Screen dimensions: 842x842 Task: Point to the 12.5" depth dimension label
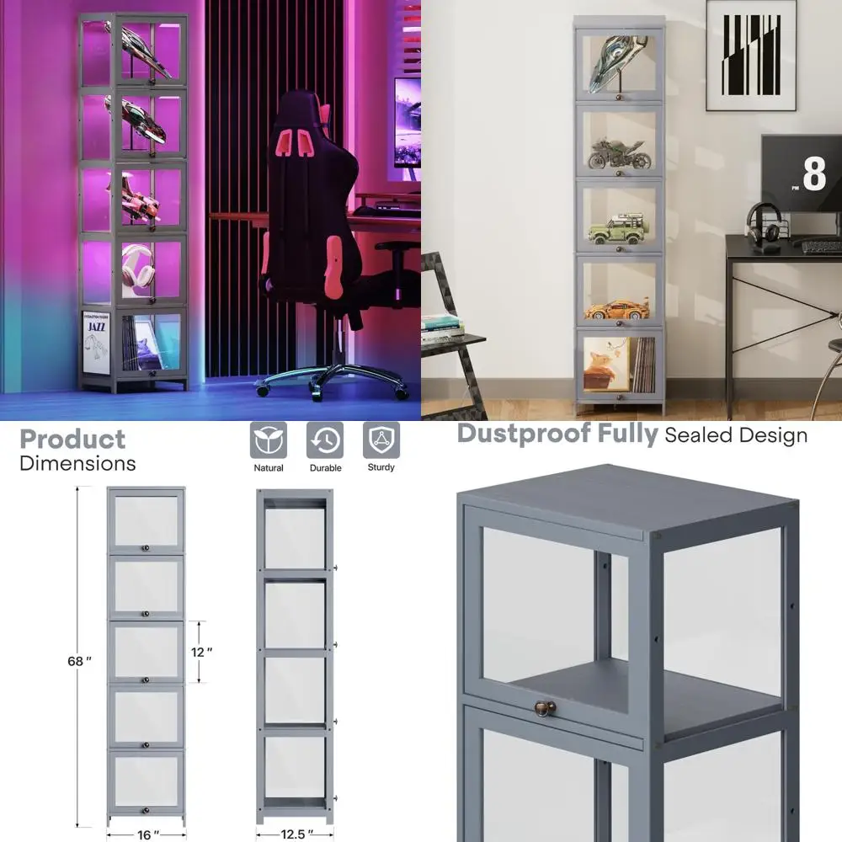point(294,834)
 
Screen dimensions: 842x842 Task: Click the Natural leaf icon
point(268,440)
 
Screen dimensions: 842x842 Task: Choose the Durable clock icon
point(324,440)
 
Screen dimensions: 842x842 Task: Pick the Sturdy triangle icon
point(381,440)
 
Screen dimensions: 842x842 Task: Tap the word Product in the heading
point(72,440)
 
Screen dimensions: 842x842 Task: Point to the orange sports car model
point(617,308)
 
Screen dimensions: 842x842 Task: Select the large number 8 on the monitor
point(813,174)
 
